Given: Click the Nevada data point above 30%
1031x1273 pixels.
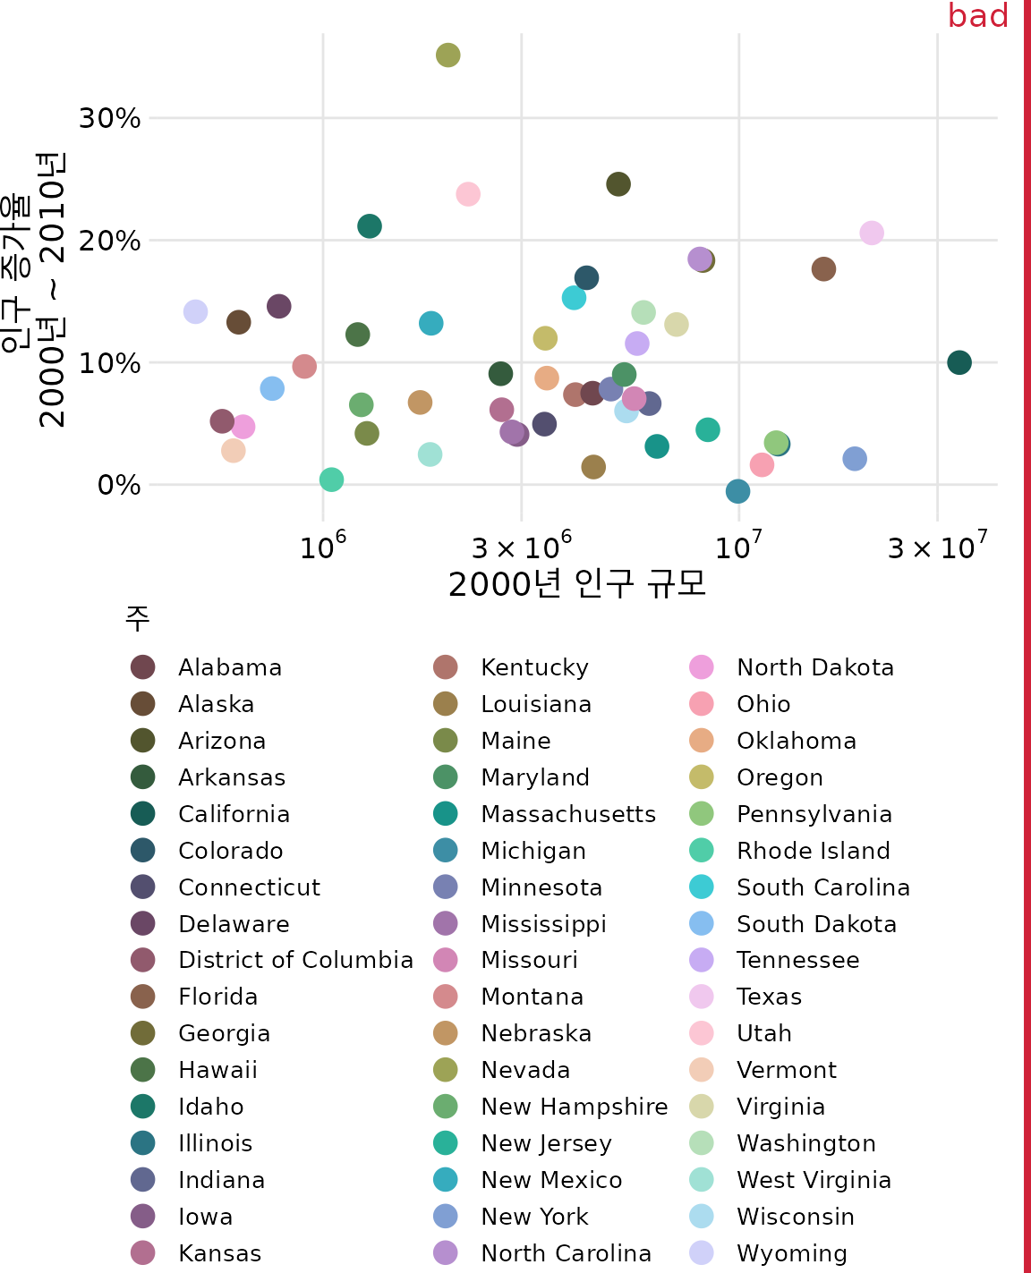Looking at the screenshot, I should pyautogui.click(x=447, y=55).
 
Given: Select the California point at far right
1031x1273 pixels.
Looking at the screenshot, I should pyautogui.click(x=959, y=362).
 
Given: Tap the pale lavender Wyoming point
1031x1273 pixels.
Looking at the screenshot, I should pyautogui.click(x=195, y=311).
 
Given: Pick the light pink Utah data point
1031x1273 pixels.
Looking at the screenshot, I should pyautogui.click(x=467, y=194).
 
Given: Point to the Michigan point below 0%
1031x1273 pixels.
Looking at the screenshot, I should pyautogui.click(x=737, y=491).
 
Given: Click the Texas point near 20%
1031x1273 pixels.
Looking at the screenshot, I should pyautogui.click(x=871, y=233).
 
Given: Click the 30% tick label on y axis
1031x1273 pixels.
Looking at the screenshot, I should pyautogui.click(x=109, y=118).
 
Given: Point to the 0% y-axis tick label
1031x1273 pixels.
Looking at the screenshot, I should pyautogui.click(x=118, y=485).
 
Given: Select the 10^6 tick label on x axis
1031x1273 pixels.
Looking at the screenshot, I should pyautogui.click(x=322, y=545).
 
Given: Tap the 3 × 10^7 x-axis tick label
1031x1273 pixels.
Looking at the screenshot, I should pyautogui.click(x=937, y=545).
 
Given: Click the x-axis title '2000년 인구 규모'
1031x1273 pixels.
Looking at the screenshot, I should pyautogui.click(x=577, y=584).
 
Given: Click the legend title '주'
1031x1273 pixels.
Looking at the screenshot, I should pyautogui.click(x=137, y=617).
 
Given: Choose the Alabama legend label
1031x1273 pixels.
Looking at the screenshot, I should pyautogui.click(x=230, y=667).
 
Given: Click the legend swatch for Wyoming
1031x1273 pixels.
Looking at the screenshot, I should pyautogui.click(x=702, y=1253).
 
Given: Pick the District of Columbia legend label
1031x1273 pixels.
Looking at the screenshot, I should pyautogui.click(x=295, y=960).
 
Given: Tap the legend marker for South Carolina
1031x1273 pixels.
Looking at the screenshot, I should pyautogui.click(x=702, y=887).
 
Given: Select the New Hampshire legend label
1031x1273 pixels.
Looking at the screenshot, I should pyautogui.click(x=574, y=1107).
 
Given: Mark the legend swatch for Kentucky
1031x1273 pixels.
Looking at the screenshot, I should pyautogui.click(x=445, y=667).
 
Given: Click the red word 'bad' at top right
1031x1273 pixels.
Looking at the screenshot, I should pyautogui.click(x=977, y=16).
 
